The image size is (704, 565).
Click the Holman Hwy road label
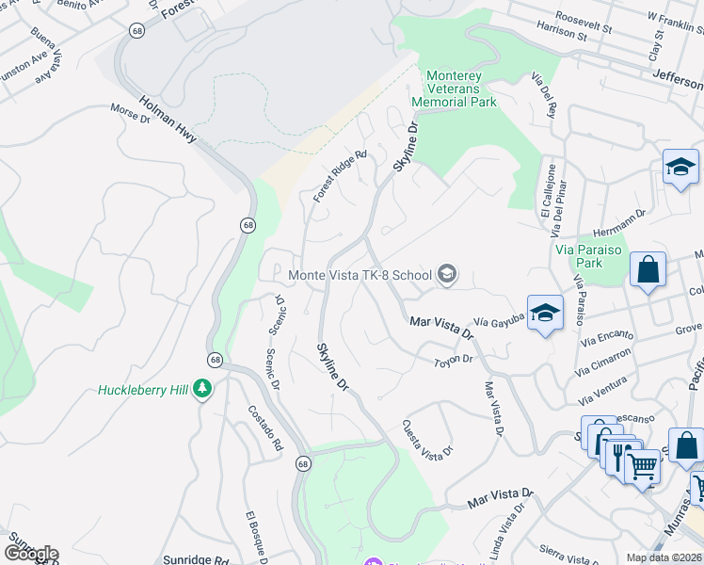[168, 121]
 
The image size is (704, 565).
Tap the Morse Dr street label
[130, 113]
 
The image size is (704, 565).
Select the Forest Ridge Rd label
[340, 176]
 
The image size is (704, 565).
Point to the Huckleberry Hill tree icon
[201, 389]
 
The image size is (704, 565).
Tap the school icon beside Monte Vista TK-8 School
[446, 275]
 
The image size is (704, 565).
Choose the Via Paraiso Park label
[591, 256]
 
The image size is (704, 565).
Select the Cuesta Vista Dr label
[428, 439]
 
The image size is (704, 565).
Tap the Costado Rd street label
[265, 429]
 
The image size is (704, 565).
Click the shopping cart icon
[642, 465]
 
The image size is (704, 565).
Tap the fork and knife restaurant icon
[619, 456]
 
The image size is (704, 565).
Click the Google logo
[30, 554]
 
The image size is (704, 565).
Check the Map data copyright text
[664, 557]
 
